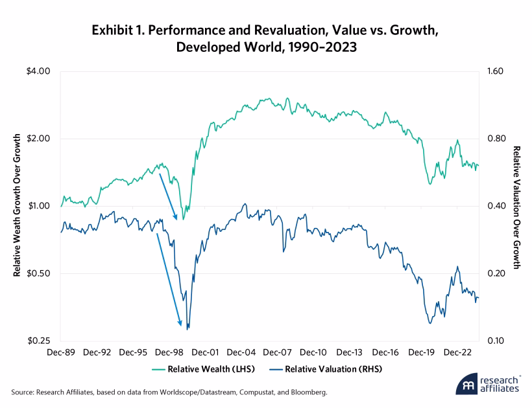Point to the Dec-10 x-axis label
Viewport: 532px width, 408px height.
(313, 353)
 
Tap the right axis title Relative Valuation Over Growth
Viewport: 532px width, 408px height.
(517, 206)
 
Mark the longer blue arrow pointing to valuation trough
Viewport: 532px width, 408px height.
(169, 278)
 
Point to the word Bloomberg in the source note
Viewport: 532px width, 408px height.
(307, 392)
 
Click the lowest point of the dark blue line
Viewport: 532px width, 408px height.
(187, 329)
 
